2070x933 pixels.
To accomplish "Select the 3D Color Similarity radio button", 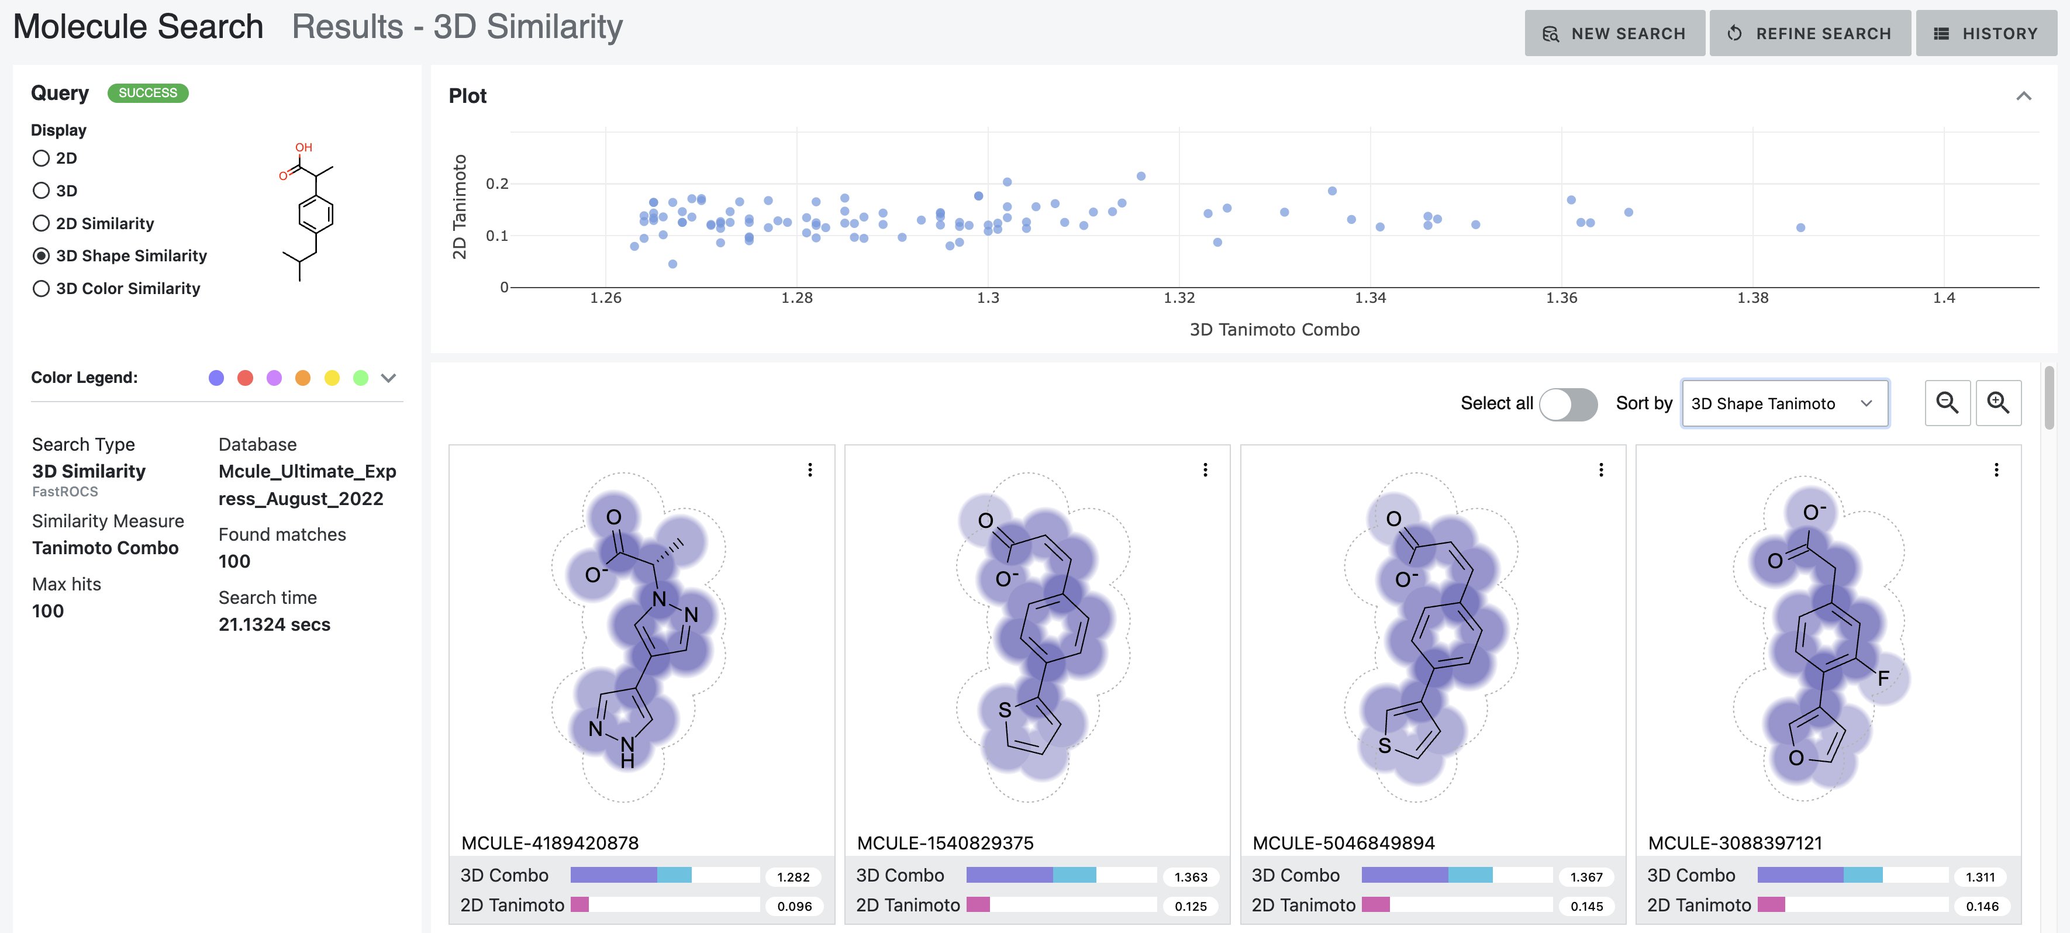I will point(41,289).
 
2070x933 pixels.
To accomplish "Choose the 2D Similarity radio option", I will point(41,223).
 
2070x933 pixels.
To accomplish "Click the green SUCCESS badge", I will point(148,93).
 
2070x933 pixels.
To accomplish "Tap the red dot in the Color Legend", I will point(245,378).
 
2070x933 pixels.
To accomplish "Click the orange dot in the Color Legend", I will point(303,378).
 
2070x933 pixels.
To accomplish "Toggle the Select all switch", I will point(1568,403).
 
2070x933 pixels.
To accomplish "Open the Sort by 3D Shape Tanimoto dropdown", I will point(1784,403).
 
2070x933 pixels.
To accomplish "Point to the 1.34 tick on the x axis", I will point(1370,298).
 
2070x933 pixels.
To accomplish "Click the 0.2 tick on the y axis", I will point(496,184).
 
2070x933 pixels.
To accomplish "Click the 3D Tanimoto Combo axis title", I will point(1275,330).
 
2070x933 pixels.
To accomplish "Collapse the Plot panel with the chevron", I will point(2023,96).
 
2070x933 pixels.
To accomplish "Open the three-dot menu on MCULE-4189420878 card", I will point(810,469).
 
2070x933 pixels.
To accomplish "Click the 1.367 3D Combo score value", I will point(1586,877).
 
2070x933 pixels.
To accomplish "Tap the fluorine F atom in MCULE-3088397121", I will point(1883,678).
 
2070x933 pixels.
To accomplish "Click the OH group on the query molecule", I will point(303,147).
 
